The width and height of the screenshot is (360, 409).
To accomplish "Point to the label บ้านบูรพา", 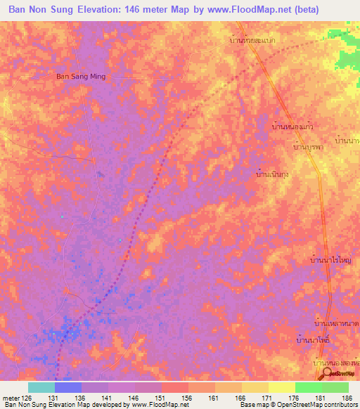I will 307,148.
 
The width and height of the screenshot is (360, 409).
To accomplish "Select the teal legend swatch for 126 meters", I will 41,387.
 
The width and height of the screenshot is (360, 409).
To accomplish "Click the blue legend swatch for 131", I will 68,387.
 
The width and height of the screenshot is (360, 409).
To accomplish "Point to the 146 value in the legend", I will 144,397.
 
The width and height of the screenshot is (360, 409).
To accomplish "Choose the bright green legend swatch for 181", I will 308,387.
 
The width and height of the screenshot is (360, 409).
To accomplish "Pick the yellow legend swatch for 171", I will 254,387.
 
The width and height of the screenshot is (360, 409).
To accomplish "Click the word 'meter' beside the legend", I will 12,397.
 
